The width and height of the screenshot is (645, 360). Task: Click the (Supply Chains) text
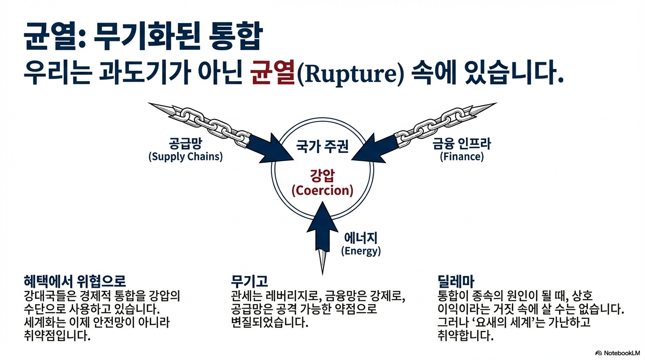point(185,157)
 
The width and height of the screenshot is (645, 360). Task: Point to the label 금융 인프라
point(462,143)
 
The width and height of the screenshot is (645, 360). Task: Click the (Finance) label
point(462,157)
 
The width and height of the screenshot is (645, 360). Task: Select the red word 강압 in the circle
point(322,176)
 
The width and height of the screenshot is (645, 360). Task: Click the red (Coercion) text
point(322,191)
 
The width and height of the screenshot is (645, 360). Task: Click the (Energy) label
point(361,251)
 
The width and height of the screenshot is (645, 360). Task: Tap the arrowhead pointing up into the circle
point(322,217)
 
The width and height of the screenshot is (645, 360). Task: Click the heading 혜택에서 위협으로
point(75,281)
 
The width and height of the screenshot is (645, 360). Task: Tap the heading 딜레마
point(455,281)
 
